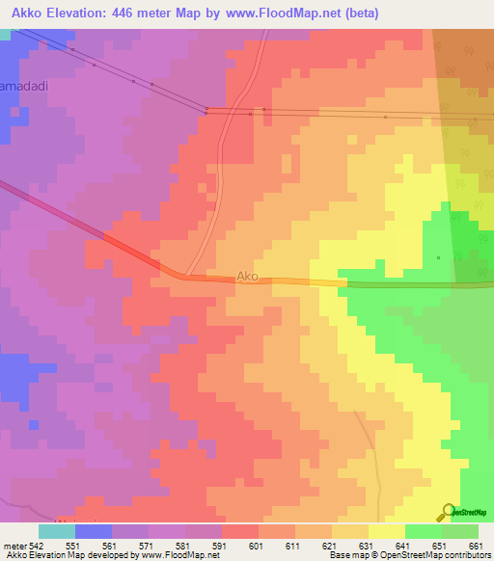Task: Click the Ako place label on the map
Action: [x=248, y=277]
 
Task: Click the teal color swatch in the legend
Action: [x=57, y=531]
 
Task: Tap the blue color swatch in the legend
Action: [x=94, y=531]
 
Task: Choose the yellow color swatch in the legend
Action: [x=386, y=531]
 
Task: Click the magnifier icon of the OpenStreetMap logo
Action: [x=446, y=512]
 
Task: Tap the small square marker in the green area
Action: [x=438, y=257]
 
